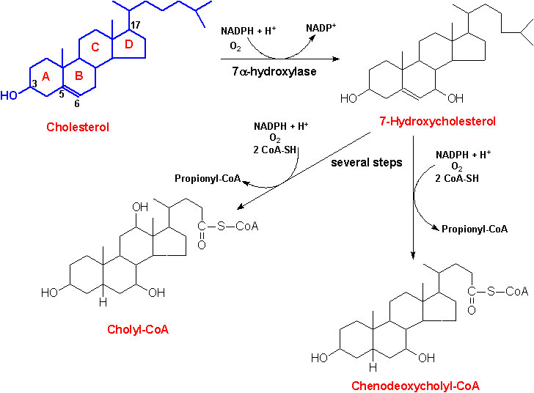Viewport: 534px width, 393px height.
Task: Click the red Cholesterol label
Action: [x=78, y=127]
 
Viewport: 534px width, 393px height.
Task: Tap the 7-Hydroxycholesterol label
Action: [x=437, y=121]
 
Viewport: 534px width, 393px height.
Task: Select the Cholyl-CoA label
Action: [x=138, y=329]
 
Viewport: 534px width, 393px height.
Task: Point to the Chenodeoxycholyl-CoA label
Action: [x=415, y=386]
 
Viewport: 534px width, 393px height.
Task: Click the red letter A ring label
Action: [x=45, y=77]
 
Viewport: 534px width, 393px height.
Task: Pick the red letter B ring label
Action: [x=78, y=76]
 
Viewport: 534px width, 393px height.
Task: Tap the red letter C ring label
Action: [x=95, y=47]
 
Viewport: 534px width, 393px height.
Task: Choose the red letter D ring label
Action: [x=128, y=44]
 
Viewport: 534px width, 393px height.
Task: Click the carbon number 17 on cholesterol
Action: [x=135, y=25]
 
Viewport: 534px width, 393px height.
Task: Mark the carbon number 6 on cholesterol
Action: [x=77, y=103]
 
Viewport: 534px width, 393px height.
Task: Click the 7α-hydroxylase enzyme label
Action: [x=274, y=72]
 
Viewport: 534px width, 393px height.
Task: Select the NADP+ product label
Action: [x=321, y=28]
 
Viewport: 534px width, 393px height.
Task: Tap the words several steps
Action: [x=367, y=163]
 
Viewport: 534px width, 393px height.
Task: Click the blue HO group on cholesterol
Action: [x=9, y=96]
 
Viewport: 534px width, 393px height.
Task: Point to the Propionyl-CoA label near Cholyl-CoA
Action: [x=208, y=179]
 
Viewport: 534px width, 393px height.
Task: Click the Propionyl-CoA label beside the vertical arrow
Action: [x=475, y=229]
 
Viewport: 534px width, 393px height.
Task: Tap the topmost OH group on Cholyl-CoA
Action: [x=140, y=207]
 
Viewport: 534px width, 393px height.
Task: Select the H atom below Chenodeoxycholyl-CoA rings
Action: [x=373, y=367]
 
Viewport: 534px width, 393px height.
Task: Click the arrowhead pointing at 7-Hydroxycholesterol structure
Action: [x=336, y=59]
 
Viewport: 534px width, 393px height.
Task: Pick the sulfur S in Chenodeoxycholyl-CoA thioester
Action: [x=491, y=291]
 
